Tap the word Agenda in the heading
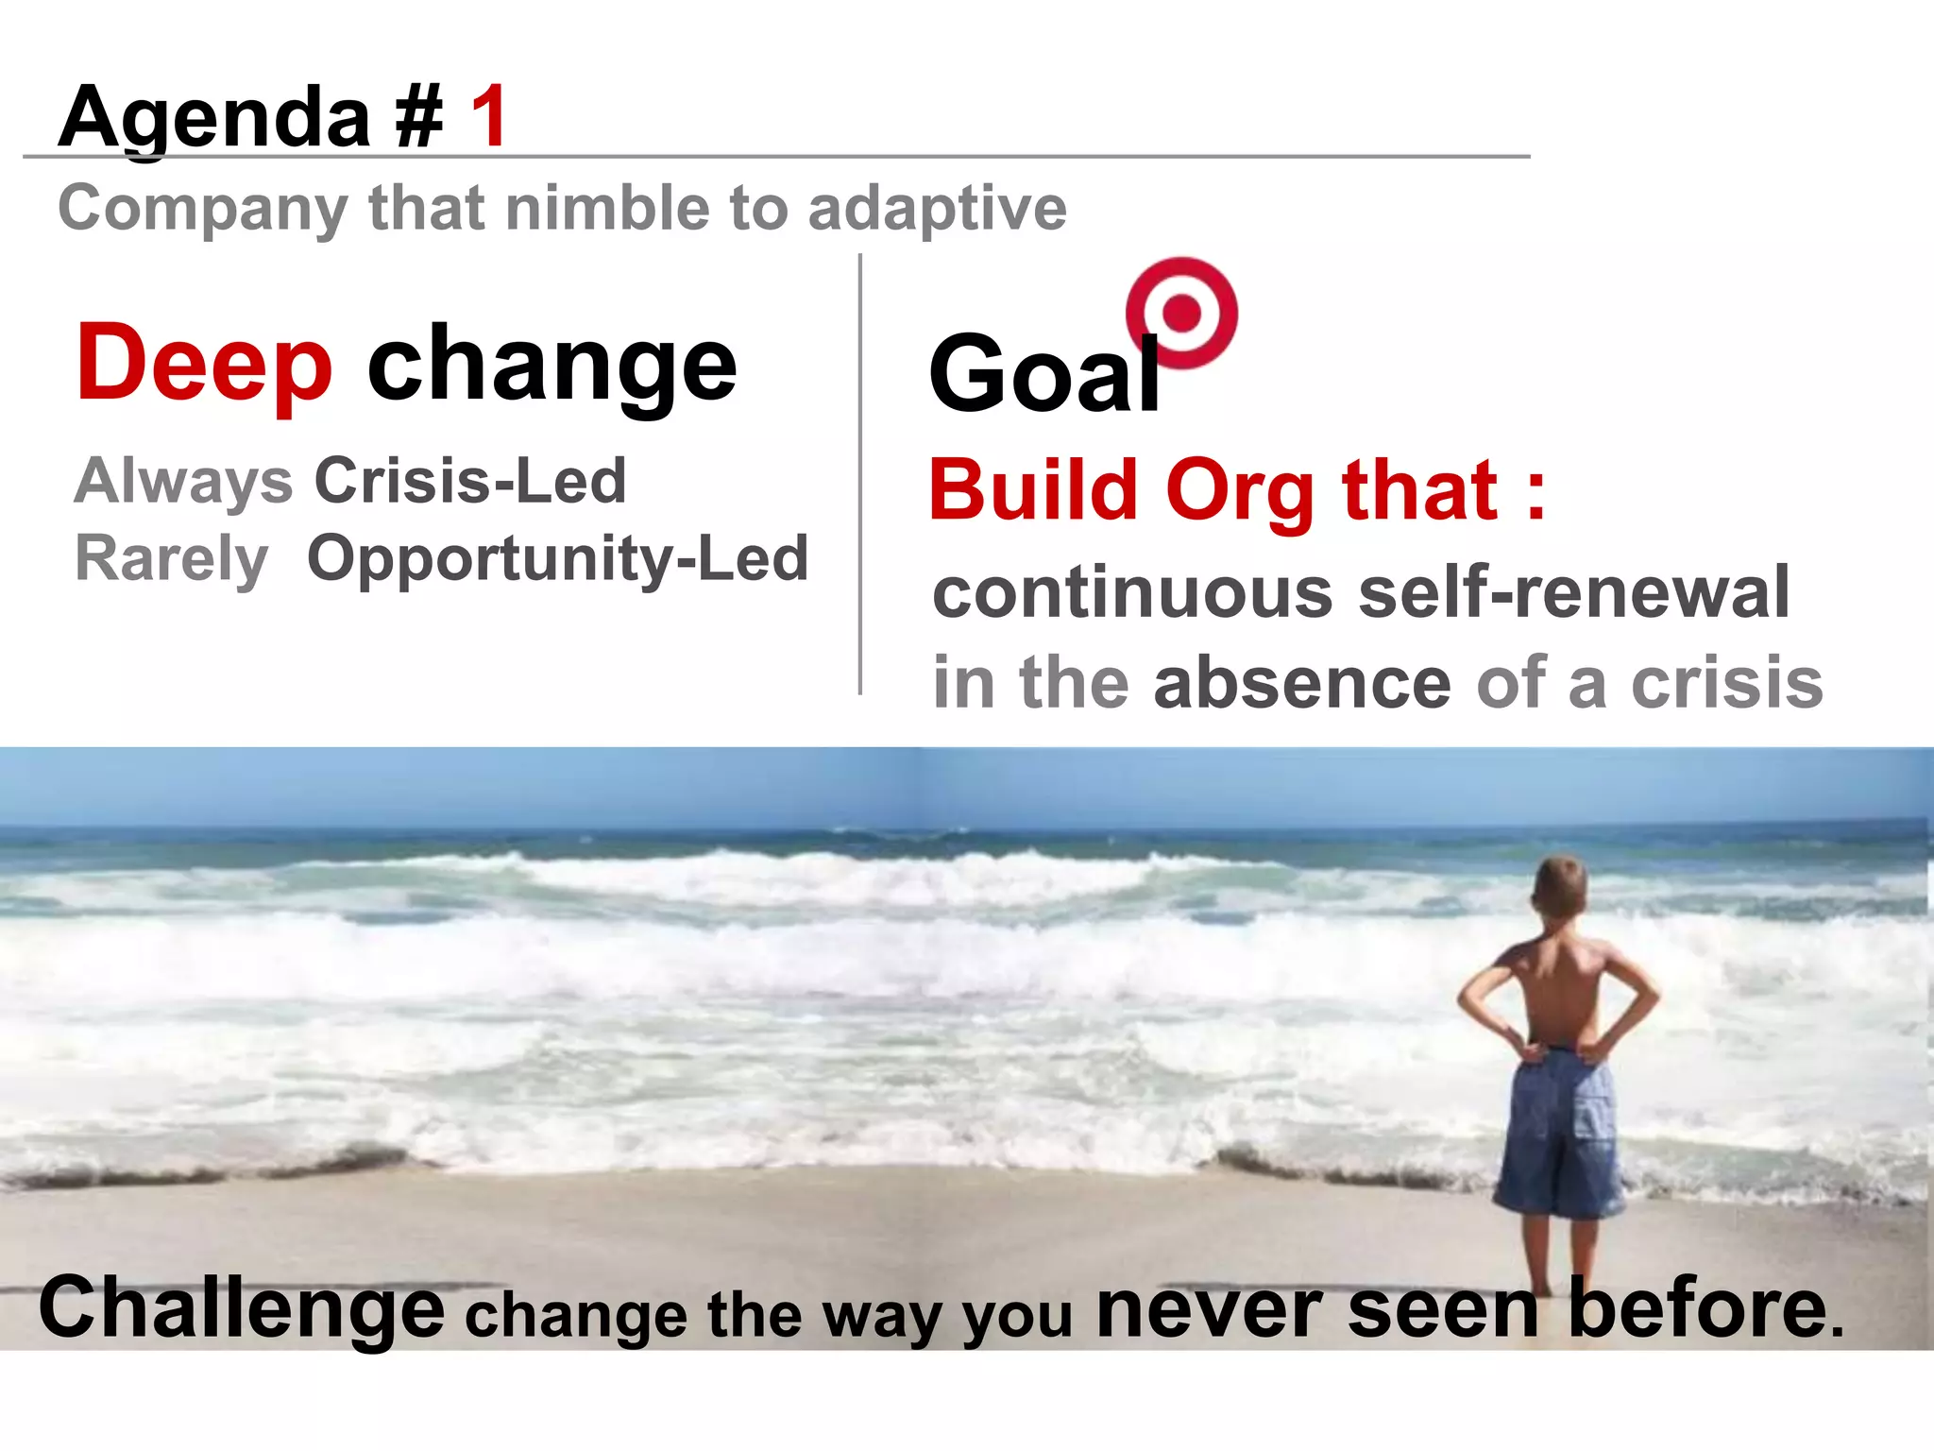[x=214, y=118]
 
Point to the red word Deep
[x=204, y=364]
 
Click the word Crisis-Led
[x=470, y=481]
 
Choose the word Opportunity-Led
[x=558, y=558]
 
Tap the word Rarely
[x=171, y=558]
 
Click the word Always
[x=183, y=481]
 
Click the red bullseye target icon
[x=1181, y=313]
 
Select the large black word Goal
[x=1044, y=374]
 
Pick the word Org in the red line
[x=1240, y=490]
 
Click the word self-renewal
[x=1573, y=592]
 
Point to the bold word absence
[x=1302, y=682]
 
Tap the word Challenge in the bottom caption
[x=241, y=1308]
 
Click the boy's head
[x=1559, y=885]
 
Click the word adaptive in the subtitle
[x=937, y=208]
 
